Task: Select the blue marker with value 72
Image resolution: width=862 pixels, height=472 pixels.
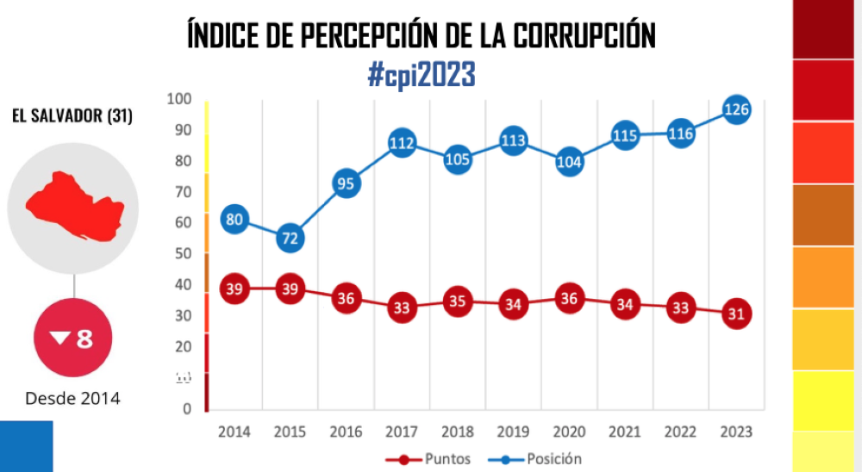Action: [290, 238]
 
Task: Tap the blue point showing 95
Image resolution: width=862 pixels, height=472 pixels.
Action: [346, 183]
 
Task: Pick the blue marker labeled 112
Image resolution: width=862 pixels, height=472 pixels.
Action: [402, 143]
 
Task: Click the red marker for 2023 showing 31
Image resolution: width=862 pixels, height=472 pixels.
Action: [736, 314]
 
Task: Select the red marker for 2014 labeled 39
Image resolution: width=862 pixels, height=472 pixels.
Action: [234, 289]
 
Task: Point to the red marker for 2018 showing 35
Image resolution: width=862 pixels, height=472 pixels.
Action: [457, 301]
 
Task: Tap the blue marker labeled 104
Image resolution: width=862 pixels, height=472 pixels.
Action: [569, 162]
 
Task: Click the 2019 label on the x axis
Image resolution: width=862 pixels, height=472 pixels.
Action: [513, 431]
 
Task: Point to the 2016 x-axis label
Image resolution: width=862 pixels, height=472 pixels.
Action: [346, 431]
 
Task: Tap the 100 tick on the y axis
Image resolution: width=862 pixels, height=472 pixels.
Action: [178, 100]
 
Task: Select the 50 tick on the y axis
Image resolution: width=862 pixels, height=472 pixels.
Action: [182, 254]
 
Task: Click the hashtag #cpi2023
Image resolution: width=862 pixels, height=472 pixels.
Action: [422, 76]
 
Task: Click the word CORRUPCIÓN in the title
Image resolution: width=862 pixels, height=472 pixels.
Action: [585, 36]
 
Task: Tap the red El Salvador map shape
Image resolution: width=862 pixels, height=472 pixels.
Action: [75, 207]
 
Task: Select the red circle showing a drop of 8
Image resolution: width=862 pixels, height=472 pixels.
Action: [72, 338]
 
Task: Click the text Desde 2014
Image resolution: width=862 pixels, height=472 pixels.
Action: [72, 398]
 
